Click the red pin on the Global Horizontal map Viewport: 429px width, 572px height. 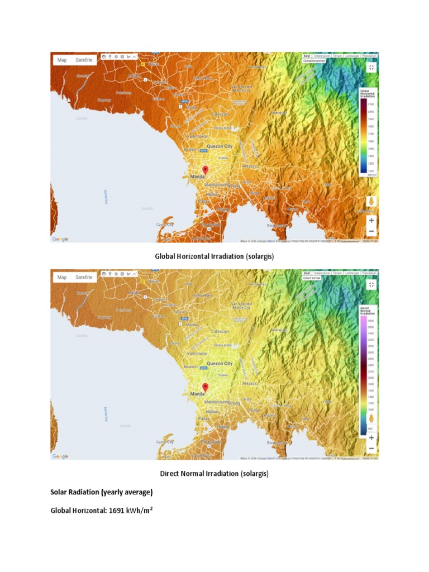(x=205, y=170)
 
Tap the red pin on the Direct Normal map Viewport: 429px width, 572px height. (x=205, y=387)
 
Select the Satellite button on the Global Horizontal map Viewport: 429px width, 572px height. (x=84, y=60)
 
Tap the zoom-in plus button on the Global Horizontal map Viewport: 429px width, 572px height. (x=371, y=220)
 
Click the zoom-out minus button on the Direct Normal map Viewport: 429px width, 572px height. (x=371, y=449)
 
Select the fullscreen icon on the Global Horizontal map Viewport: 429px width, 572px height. (x=371, y=67)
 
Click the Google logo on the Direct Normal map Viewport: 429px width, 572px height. (x=60, y=456)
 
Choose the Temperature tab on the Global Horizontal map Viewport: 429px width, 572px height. (x=321, y=56)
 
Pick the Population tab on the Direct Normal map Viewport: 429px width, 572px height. (x=369, y=273)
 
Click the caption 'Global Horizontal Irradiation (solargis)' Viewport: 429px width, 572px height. (x=214, y=256)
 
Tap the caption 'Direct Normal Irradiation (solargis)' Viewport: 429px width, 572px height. (x=214, y=474)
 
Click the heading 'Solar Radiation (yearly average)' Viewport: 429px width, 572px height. (x=101, y=492)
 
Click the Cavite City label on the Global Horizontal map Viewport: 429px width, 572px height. (x=165, y=224)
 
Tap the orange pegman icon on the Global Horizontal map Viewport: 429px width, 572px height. (x=371, y=202)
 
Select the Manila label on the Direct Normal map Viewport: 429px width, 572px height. (x=198, y=393)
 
